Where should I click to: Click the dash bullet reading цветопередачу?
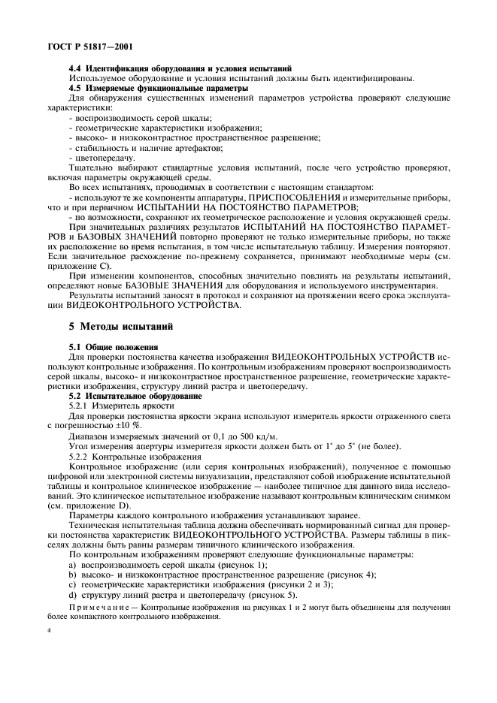click(x=102, y=158)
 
